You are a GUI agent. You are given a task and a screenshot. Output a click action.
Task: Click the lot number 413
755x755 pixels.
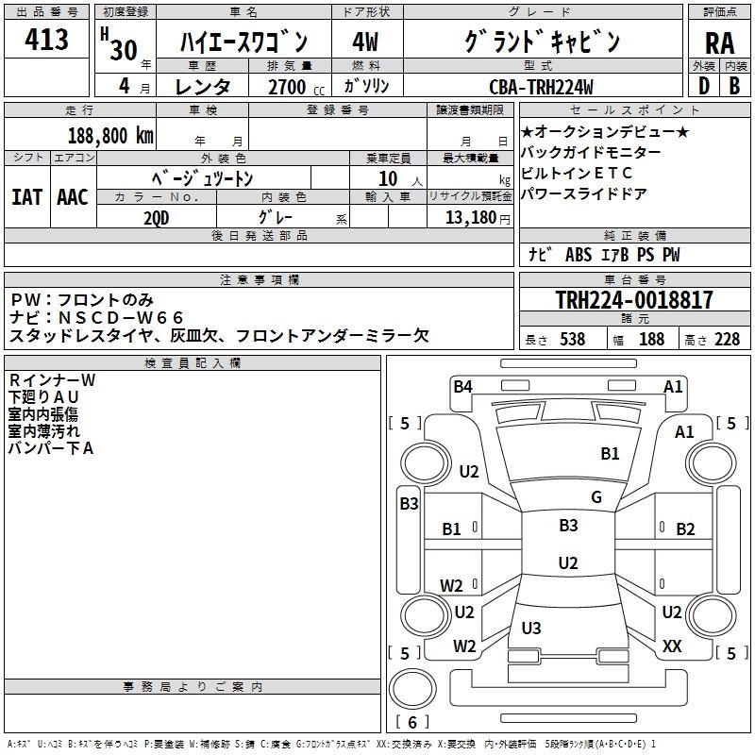[47, 40]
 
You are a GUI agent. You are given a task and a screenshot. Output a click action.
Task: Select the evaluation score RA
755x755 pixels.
[719, 42]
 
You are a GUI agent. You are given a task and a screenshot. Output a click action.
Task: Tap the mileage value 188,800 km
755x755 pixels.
[110, 135]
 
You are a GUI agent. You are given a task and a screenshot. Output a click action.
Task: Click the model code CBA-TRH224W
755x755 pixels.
[541, 87]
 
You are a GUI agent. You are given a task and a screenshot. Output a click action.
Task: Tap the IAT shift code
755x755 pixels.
[26, 197]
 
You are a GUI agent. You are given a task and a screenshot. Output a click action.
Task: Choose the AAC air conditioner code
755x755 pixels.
[73, 197]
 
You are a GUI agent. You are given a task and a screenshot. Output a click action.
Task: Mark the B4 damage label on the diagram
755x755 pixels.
[462, 385]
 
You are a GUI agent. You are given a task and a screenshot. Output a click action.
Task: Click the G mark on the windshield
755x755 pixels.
[596, 497]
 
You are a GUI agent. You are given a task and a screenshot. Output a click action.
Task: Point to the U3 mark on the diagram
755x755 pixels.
[531, 628]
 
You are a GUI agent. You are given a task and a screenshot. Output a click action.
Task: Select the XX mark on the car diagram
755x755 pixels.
[672, 646]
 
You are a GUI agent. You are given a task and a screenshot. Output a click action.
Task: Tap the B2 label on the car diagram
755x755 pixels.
[685, 529]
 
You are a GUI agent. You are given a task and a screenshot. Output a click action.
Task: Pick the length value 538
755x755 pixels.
[571, 340]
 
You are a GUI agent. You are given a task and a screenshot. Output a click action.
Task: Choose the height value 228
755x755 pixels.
[727, 340]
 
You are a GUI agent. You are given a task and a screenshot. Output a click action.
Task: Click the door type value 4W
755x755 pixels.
[364, 42]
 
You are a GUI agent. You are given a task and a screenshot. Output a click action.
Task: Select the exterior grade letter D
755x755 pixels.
[703, 86]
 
